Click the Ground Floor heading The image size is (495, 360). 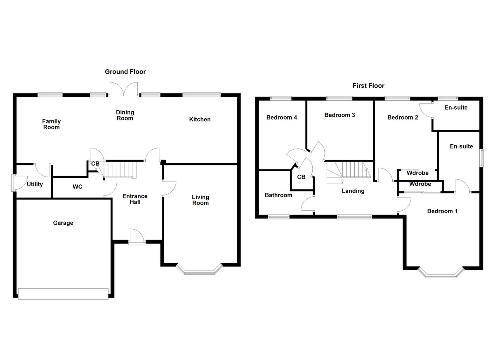125,72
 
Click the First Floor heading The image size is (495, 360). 368,86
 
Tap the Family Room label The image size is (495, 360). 52,124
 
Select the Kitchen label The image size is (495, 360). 200,120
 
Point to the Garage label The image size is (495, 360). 63,223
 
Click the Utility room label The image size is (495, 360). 35,184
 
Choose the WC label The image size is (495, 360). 78,187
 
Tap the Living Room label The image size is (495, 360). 200,200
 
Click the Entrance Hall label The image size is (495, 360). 135,199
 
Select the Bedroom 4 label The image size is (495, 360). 282,118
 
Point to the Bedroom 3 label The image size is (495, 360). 339,115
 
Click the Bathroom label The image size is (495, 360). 278,195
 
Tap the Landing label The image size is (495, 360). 353,191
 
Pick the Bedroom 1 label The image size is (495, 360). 442,211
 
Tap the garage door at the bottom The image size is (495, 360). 63,293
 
